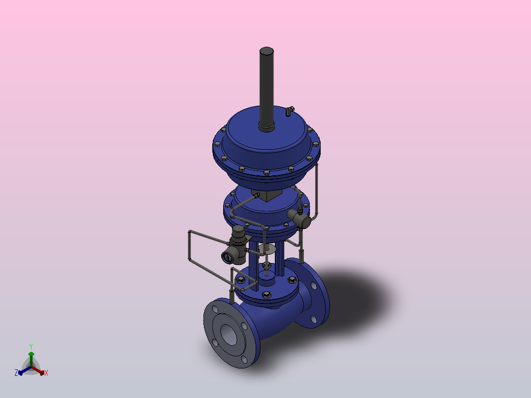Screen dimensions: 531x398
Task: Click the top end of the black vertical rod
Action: (x=266, y=51)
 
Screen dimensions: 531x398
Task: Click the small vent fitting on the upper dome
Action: (x=289, y=110)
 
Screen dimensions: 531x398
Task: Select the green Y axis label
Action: (x=31, y=346)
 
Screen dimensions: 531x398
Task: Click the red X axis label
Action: (x=46, y=373)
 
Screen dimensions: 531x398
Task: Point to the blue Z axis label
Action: (x=16, y=372)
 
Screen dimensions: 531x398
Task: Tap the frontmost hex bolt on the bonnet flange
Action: (x=266, y=295)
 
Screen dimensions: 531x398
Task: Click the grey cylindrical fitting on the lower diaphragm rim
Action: (x=299, y=219)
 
